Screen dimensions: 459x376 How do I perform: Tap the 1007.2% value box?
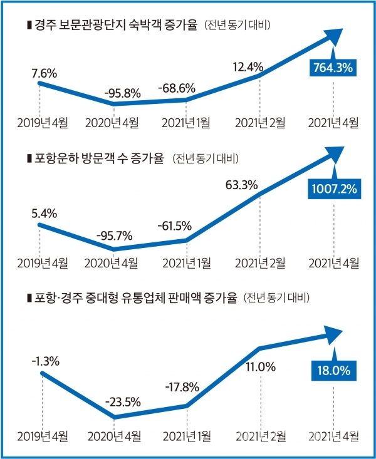coord(333,188)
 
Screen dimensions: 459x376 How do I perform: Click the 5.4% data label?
coord(44,214)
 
